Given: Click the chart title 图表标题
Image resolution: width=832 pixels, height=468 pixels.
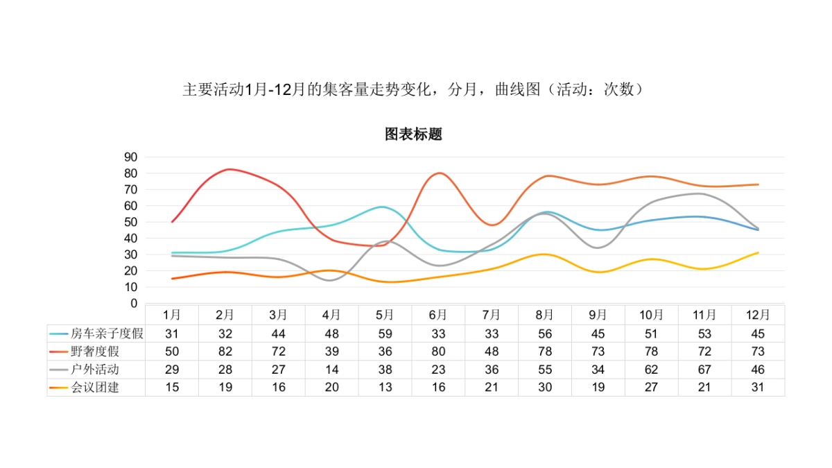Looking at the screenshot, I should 413,135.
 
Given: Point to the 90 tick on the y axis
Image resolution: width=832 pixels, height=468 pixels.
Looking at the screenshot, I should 131,157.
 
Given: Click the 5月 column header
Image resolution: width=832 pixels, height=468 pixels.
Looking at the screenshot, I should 385,315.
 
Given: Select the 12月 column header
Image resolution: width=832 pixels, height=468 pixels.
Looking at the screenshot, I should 758,315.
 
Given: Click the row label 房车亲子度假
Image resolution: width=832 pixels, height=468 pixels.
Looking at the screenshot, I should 107,333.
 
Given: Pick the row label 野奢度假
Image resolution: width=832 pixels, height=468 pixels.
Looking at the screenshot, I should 95,352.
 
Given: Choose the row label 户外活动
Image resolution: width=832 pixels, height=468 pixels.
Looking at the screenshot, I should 95,370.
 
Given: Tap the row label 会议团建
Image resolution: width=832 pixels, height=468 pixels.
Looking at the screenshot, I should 95,388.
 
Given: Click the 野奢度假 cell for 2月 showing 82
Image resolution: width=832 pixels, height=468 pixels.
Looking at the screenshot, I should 225,352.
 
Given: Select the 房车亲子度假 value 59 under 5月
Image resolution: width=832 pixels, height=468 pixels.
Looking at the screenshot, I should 385,333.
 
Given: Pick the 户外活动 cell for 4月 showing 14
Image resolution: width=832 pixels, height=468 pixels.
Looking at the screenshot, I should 332,370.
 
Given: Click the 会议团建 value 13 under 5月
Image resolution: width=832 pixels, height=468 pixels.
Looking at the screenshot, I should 385,388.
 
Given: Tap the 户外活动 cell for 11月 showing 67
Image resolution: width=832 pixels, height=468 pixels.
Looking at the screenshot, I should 704,370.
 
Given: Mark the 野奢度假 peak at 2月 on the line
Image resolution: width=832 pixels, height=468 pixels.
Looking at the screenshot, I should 228,169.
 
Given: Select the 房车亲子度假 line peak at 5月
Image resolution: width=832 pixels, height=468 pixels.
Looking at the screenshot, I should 382,207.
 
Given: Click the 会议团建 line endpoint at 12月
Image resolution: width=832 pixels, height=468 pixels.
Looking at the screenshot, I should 758,252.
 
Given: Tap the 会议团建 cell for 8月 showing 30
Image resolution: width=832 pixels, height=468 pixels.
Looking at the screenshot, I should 545,388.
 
